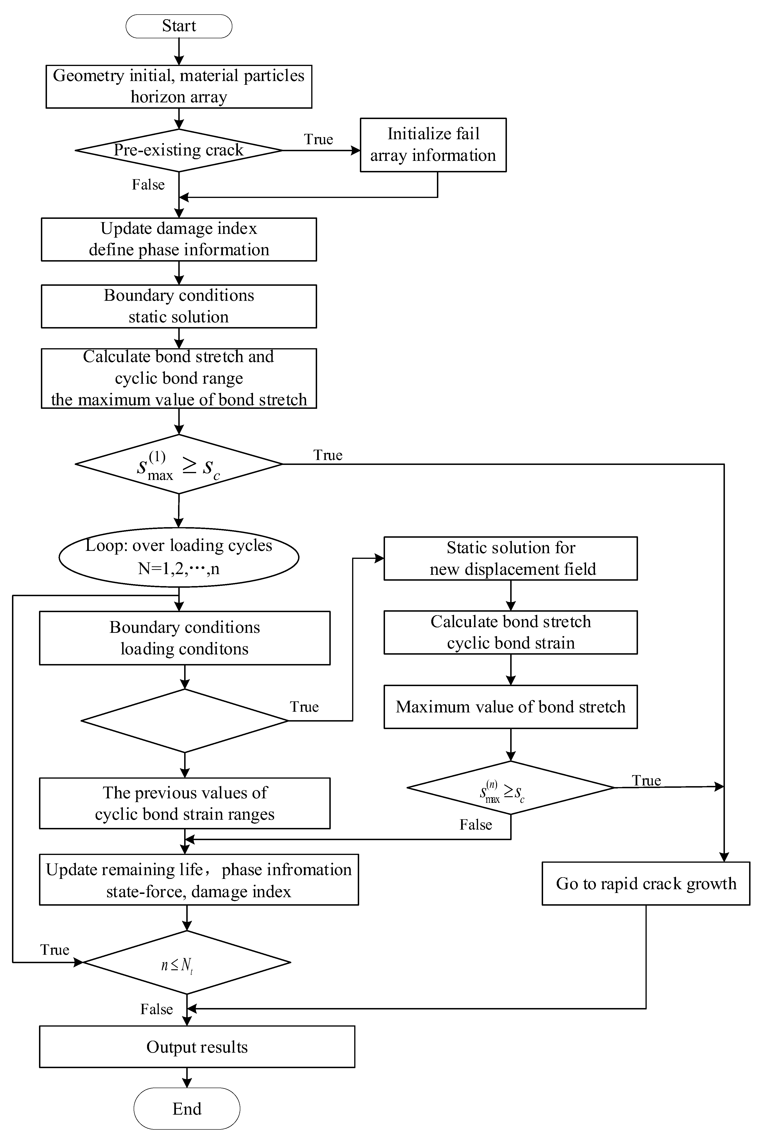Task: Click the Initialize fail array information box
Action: point(433,145)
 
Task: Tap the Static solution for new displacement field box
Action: point(510,558)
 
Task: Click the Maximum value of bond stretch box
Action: point(510,707)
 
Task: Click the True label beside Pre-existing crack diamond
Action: point(318,139)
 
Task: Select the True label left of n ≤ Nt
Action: point(55,950)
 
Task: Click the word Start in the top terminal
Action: point(179,26)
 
